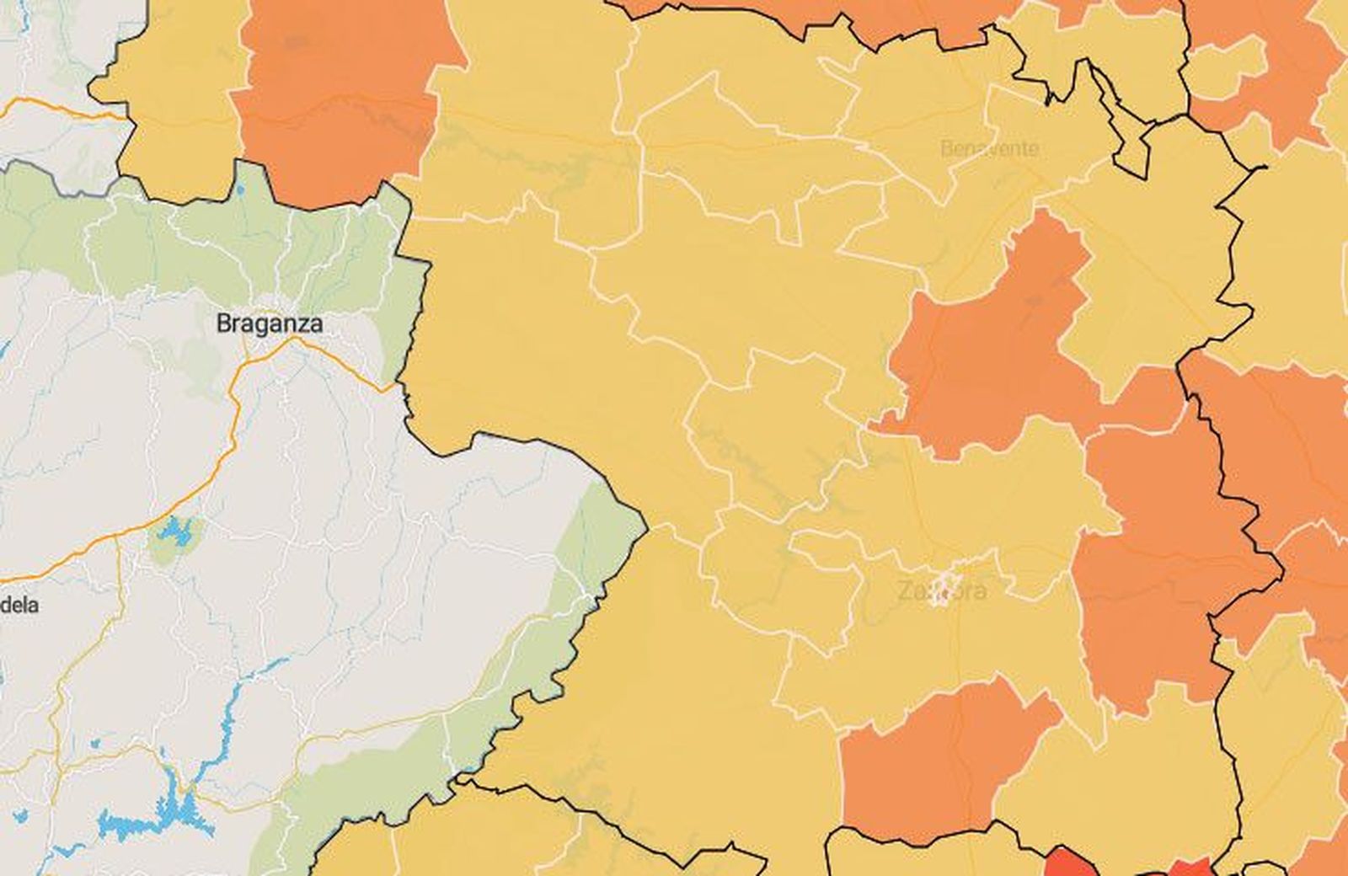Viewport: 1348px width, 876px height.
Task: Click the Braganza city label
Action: (269, 323)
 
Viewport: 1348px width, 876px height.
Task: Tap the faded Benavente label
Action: (988, 149)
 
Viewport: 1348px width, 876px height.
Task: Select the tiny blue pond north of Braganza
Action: (240, 190)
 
